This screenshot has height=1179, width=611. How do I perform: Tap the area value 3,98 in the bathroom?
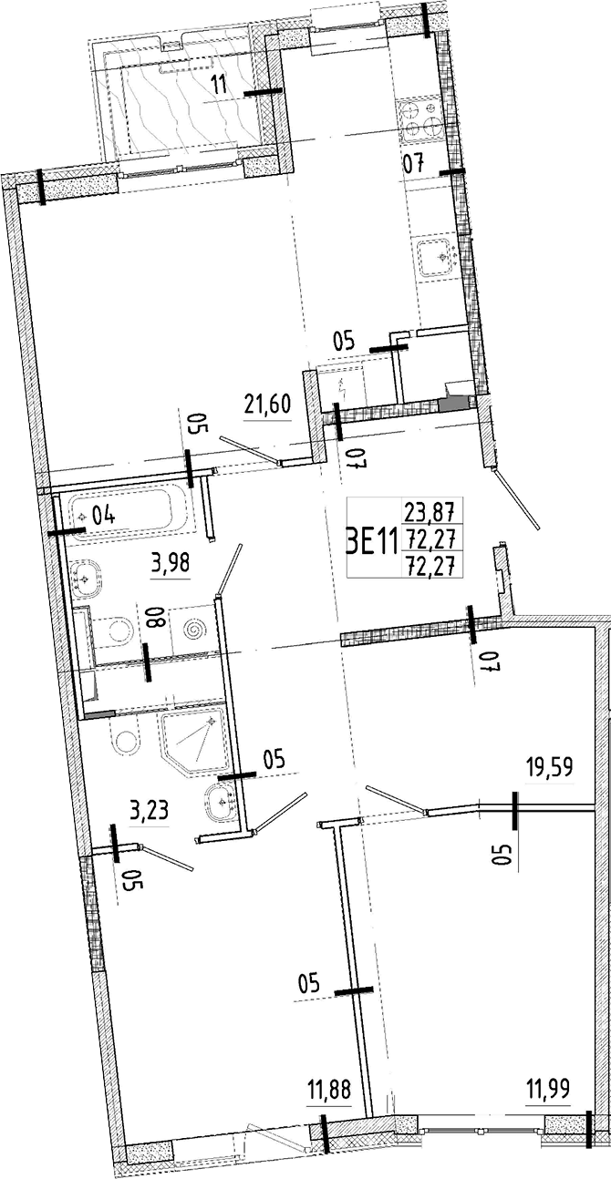pyautogui.click(x=170, y=562)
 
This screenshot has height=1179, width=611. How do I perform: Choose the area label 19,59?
pyautogui.click(x=549, y=767)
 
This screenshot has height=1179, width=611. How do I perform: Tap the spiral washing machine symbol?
pyautogui.click(x=194, y=629)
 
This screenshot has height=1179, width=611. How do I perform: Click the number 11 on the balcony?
pyautogui.click(x=219, y=87)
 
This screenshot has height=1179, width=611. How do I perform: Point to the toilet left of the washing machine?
pyautogui.click(x=116, y=629)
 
